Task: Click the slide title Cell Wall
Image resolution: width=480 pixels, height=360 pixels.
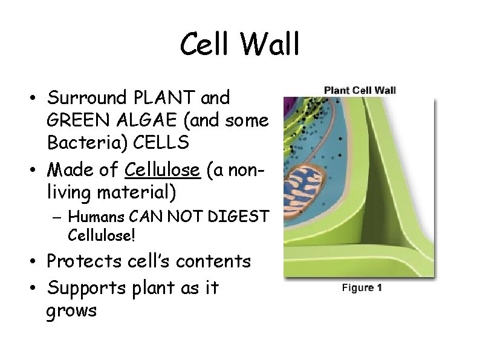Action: pos(240,45)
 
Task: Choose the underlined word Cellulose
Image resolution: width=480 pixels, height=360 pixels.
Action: pos(162,171)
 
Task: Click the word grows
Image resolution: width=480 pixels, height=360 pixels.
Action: pos(71,311)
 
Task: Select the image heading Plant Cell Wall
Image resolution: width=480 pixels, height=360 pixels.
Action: pos(360,90)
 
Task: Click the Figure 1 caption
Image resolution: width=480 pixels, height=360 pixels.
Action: pos(362,288)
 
